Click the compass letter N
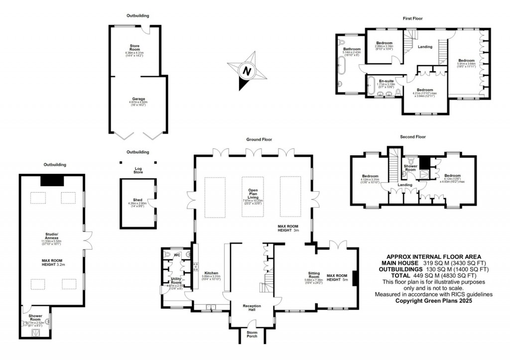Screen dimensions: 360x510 [246, 71]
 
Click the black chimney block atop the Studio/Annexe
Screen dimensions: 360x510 [51, 180]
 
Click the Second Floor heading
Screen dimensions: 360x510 [413, 136]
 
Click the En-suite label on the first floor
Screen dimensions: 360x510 [386, 81]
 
